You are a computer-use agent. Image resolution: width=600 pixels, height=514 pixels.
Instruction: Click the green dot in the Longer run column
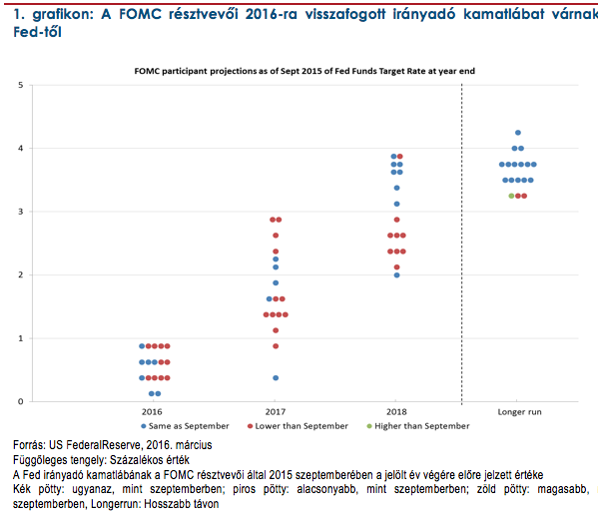tap(511, 196)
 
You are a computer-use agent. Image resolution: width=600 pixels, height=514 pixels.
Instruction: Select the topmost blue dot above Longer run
tap(518, 133)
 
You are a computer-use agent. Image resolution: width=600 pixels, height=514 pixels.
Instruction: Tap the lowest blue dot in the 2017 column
tap(276, 378)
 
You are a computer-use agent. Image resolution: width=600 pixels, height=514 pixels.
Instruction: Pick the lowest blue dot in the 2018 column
tap(396, 274)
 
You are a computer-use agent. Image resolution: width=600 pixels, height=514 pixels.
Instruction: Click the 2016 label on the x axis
tap(153, 411)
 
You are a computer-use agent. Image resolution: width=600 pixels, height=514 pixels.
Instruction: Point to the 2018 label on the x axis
tap(396, 411)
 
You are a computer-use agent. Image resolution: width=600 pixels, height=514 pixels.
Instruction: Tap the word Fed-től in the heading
tap(29, 32)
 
